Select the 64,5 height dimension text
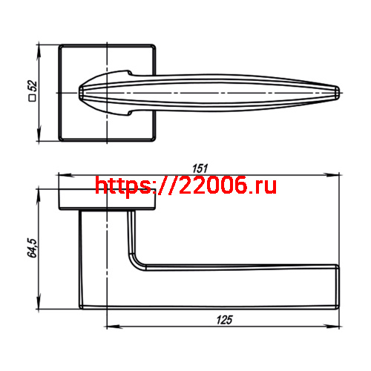31,249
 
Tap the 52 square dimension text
32,87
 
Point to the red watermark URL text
185,185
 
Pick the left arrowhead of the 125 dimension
110,326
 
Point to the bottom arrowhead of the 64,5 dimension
39,305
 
